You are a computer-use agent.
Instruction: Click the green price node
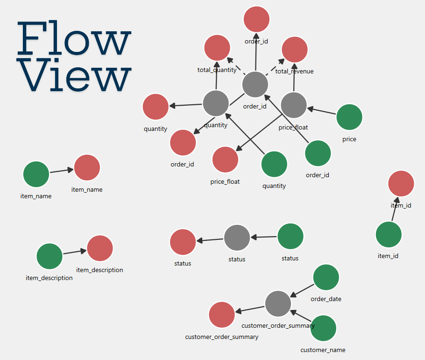click(x=349, y=117)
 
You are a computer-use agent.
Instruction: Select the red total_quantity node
click(x=217, y=48)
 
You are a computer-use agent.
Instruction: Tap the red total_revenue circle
click(x=295, y=50)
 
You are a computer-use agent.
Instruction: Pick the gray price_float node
click(x=294, y=105)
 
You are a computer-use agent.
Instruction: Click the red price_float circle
click(x=225, y=159)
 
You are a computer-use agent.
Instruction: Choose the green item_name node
click(x=36, y=174)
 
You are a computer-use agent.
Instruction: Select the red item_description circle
click(x=100, y=248)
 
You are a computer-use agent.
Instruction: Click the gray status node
click(x=237, y=238)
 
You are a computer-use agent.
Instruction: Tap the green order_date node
click(x=326, y=277)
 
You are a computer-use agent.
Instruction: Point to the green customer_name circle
click(x=323, y=328)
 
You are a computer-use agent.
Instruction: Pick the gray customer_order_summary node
click(x=278, y=303)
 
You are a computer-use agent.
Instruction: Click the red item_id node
click(x=401, y=183)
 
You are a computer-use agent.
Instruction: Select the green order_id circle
click(x=318, y=153)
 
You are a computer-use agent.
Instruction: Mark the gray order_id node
click(x=255, y=85)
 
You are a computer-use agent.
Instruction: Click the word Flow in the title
click(x=73, y=40)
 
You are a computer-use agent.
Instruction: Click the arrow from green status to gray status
click(x=264, y=237)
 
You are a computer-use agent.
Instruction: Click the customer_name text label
click(x=323, y=350)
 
